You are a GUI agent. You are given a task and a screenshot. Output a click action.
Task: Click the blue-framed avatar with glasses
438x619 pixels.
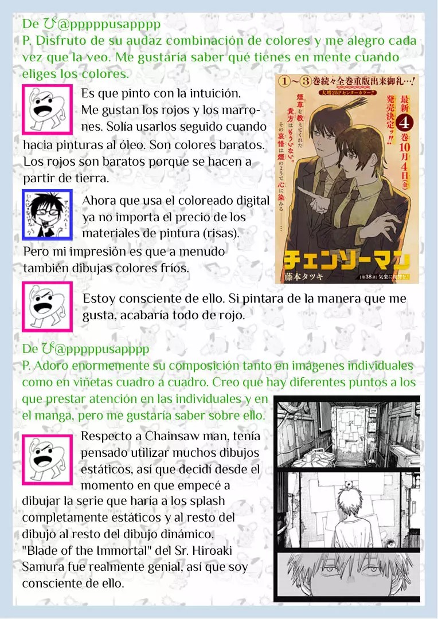[x=47, y=215]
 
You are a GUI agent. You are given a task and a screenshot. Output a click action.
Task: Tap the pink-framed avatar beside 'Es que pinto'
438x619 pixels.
[x=47, y=109]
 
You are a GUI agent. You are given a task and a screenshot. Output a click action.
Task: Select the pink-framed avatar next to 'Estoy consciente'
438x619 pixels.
[x=47, y=306]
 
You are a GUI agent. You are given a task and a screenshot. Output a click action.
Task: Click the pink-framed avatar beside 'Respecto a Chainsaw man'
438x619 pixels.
[x=47, y=460]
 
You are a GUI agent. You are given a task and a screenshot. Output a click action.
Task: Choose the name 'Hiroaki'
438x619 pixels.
[x=210, y=550]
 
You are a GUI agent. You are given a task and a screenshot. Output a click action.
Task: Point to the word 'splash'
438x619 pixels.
[x=207, y=501]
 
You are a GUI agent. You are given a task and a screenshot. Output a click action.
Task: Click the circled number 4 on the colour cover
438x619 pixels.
[x=404, y=124]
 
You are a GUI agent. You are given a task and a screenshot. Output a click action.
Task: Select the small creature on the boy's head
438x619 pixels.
[x=347, y=487]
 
